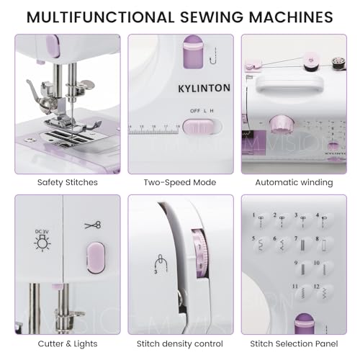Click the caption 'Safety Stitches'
point(67,182)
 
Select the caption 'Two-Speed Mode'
point(180,182)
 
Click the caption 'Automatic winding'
point(297,182)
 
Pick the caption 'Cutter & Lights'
point(67,344)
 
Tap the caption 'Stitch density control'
point(180,344)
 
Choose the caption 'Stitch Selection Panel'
point(297,344)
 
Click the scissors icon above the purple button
point(92,225)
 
